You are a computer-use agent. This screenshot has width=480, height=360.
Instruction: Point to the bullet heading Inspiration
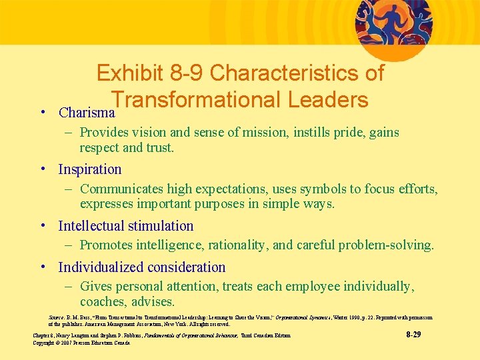coord(90,169)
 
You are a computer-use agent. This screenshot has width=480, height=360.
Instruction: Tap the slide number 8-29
coord(413,334)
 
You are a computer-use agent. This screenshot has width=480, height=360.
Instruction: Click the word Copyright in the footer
coord(45,342)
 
